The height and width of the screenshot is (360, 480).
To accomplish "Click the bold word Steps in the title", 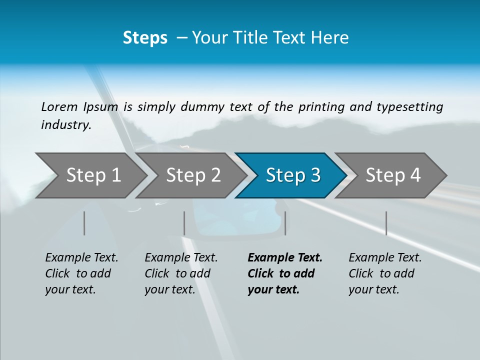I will [x=145, y=38].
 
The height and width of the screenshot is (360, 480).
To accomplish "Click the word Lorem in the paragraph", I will [x=59, y=107].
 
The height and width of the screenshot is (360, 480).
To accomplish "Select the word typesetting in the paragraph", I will [x=409, y=107].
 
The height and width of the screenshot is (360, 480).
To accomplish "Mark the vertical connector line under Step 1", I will [x=84, y=223].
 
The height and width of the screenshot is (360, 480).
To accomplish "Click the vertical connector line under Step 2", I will [x=184, y=223].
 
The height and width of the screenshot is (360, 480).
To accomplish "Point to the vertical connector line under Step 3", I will [x=285, y=223].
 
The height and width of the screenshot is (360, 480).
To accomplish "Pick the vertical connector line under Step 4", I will [x=386, y=223].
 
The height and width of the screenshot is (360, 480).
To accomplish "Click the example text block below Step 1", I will [x=81, y=273].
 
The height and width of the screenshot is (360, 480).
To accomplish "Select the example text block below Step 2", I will [x=181, y=273].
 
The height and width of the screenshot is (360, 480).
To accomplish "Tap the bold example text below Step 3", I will [x=285, y=273].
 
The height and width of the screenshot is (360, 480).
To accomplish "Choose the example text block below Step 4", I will [x=385, y=273].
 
